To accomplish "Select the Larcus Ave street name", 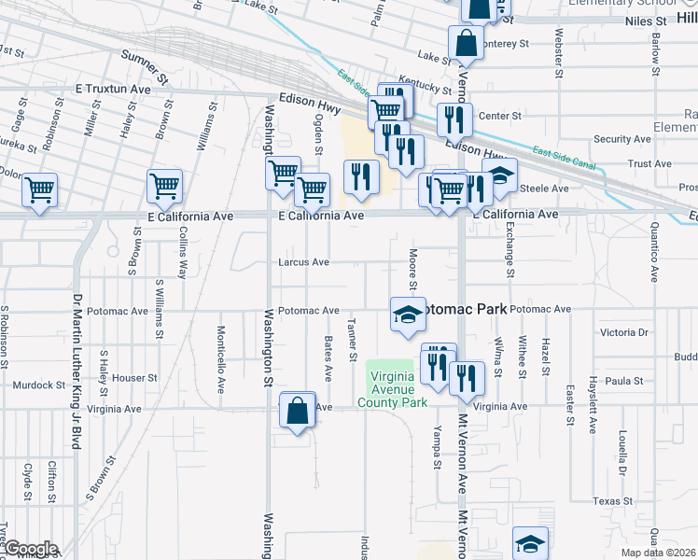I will [303, 262].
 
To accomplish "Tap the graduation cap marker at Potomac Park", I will [407, 315].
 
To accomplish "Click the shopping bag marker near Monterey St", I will [466, 43].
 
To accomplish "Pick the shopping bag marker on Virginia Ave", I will [297, 412].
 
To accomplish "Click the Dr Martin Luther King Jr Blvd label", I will [76, 372].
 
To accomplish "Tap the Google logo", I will [30, 549].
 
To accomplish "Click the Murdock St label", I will [38, 385].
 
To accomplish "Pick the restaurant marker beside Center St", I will [454, 119].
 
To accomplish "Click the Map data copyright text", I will [659, 553].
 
